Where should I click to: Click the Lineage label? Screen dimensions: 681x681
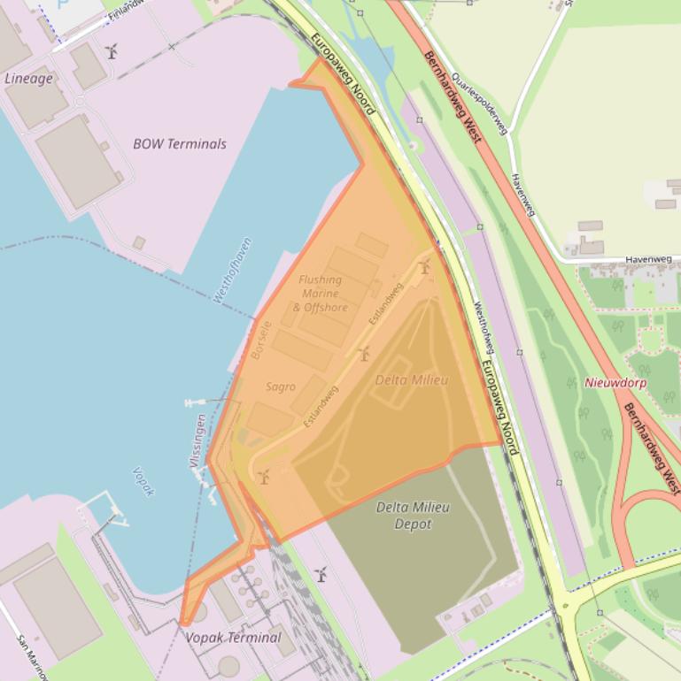click(28, 78)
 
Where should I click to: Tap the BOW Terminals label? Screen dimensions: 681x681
click(180, 143)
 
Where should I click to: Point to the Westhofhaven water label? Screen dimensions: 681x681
click(232, 271)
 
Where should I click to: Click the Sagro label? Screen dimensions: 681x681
click(281, 386)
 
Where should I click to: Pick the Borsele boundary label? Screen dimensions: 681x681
click(258, 340)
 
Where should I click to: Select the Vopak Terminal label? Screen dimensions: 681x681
click(233, 637)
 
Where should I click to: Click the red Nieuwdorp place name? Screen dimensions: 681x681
click(615, 383)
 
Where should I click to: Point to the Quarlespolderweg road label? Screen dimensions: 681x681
click(478, 103)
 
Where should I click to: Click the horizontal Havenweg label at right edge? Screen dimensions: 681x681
click(649, 259)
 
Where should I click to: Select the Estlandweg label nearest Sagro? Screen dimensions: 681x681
click(321, 407)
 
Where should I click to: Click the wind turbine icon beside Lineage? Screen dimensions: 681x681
click(112, 51)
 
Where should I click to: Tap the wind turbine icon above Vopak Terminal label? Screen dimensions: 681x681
click(321, 574)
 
